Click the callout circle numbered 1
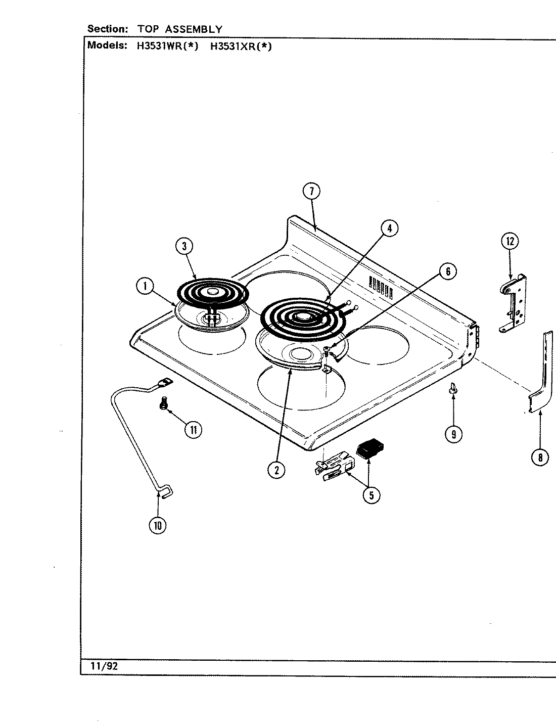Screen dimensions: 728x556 click(145, 287)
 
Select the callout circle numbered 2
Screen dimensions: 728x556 click(276, 470)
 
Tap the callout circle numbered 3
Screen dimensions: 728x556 click(184, 246)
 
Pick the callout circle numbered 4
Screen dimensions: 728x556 click(389, 229)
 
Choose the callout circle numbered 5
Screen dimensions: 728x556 click(371, 495)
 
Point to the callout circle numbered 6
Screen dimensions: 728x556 click(447, 271)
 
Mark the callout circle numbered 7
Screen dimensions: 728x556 click(311, 191)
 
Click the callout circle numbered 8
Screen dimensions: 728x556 click(540, 458)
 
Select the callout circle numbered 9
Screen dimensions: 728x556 click(454, 434)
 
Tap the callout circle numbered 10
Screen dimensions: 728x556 click(157, 525)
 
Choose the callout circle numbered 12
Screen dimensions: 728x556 click(509, 241)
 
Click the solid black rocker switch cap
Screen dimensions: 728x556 click(370, 448)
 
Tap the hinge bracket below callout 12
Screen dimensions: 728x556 click(513, 303)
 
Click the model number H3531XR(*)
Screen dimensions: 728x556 click(241, 46)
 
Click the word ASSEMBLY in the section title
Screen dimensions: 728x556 click(194, 29)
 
